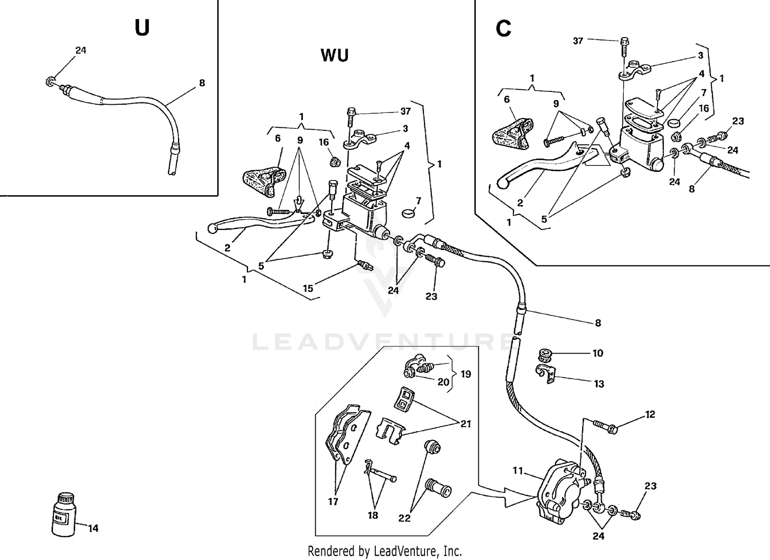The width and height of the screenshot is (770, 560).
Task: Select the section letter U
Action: point(142,28)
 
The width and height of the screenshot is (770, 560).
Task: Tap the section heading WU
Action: point(335,55)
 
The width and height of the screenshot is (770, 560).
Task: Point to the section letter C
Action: point(503,29)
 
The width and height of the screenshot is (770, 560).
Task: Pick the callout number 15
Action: point(308,288)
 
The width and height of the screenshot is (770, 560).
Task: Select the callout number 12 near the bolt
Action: point(650,414)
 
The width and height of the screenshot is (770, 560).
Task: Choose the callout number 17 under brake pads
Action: point(333,501)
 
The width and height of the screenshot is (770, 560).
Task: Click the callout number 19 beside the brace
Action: point(465,374)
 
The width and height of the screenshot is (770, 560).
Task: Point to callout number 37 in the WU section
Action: point(406,111)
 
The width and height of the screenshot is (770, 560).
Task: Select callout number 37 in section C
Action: point(578,41)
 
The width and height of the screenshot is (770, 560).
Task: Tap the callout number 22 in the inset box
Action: point(405,518)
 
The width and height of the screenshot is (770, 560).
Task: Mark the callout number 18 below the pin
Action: point(373,515)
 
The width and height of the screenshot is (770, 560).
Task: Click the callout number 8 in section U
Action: point(202,83)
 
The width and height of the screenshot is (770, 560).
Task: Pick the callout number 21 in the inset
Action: point(466,424)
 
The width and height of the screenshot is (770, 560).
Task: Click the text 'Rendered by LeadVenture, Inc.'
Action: point(384,551)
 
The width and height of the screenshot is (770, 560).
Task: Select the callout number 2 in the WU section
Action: point(227,248)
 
